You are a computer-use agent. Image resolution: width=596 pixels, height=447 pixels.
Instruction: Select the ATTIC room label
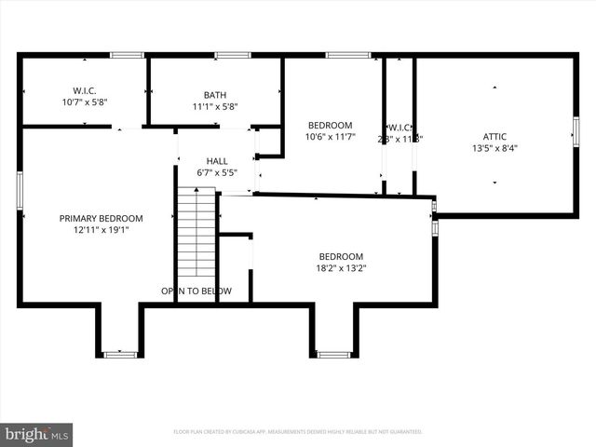click(495, 136)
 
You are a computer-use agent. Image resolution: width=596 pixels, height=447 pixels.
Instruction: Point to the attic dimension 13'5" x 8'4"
click(495, 147)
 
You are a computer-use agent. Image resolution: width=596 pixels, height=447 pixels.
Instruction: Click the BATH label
click(215, 94)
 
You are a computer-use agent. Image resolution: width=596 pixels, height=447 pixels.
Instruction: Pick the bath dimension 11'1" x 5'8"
click(215, 106)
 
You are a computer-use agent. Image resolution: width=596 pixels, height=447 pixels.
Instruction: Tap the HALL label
click(217, 161)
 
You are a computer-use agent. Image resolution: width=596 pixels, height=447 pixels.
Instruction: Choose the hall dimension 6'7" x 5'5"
click(217, 172)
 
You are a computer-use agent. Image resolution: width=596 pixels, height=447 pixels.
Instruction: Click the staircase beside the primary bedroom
click(196, 233)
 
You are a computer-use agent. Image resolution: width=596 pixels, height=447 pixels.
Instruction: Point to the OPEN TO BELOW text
click(196, 291)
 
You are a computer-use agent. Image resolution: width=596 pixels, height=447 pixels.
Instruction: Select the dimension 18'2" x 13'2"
click(341, 268)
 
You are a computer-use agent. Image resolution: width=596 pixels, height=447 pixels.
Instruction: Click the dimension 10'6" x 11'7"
click(330, 137)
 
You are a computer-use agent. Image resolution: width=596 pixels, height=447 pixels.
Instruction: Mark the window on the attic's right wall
click(576, 131)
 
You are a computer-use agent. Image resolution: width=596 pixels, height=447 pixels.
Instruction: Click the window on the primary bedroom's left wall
click(20, 190)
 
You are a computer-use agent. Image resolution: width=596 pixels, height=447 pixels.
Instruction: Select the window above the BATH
click(233, 55)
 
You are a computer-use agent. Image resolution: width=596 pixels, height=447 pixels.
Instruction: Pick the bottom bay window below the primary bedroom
click(120, 354)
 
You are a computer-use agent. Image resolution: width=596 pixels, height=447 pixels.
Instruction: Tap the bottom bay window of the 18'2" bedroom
click(333, 354)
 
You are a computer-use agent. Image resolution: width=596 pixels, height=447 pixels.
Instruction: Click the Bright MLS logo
click(37, 434)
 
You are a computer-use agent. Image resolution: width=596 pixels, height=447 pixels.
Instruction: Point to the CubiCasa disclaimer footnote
click(298, 432)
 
